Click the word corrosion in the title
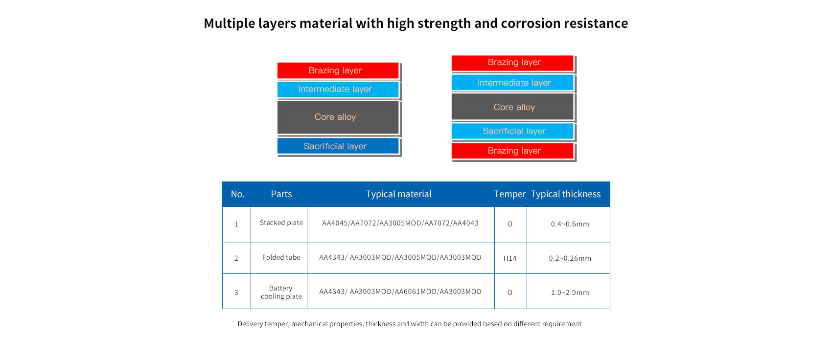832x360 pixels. tap(530, 23)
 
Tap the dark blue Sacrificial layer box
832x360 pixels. tap(338, 146)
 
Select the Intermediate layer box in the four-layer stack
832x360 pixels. tap(338, 89)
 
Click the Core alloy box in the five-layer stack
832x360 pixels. tap(512, 107)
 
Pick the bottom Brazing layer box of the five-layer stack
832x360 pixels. tap(512, 151)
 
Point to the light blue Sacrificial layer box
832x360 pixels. tap(512, 131)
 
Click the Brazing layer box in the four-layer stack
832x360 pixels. tap(338, 70)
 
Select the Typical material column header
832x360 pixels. tap(398, 194)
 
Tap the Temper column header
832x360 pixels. tap(509, 194)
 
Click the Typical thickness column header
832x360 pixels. tap(566, 194)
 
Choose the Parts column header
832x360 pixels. tap(281, 194)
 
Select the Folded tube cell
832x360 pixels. tap(281, 257)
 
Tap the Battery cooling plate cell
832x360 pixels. tap(281, 292)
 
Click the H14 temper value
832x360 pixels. tap(510, 258)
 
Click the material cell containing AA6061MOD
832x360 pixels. tap(400, 292)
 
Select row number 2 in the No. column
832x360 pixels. tap(236, 258)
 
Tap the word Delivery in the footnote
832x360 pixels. tap(250, 324)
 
